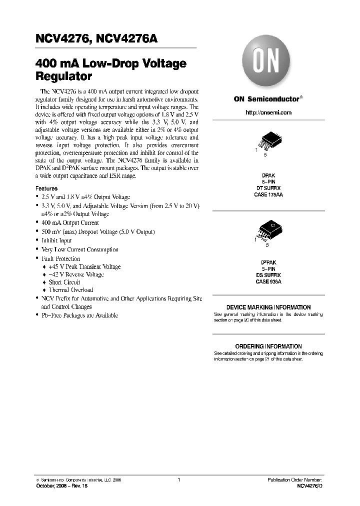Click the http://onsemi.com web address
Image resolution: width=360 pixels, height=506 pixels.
(268, 112)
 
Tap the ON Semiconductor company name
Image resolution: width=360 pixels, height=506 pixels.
(266, 99)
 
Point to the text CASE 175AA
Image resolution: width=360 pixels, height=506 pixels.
(268, 195)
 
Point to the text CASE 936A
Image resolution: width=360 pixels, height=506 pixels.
(268, 282)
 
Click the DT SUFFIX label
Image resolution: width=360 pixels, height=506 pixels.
(268, 188)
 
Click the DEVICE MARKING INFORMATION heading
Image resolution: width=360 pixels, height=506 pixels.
(268, 307)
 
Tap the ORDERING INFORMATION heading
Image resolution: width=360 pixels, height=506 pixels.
(268, 346)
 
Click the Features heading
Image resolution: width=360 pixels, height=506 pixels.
(46, 188)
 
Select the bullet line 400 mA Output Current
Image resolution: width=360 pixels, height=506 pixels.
(70, 223)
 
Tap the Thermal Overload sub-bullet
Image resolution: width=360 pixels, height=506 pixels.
(70, 290)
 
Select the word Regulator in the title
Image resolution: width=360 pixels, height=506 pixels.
(63, 77)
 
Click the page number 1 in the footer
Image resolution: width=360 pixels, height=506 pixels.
(178, 480)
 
